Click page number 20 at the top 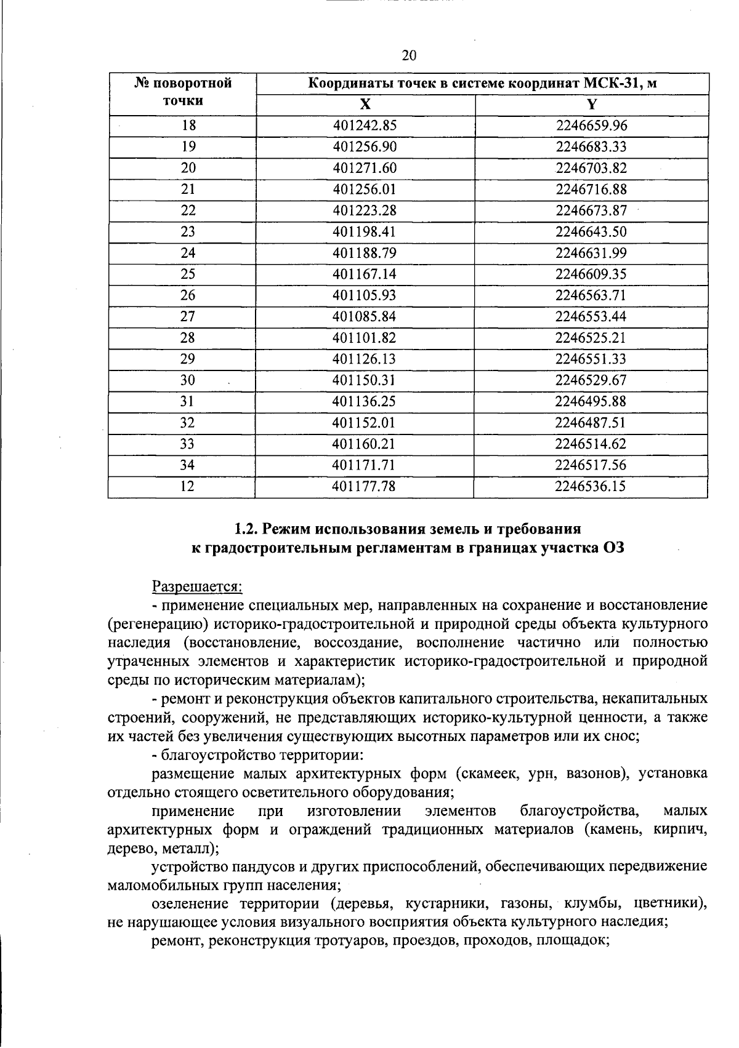(409, 56)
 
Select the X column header (365, 104)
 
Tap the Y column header (592, 104)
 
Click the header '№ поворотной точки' (183, 92)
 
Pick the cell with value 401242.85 (365, 126)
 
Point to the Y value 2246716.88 (591, 190)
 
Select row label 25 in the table (188, 274)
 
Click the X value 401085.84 (364, 317)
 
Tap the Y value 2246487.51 (591, 423)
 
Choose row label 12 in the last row (187, 487)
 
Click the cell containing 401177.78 (363, 487)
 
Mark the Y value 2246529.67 (591, 380)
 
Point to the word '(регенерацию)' (154, 624)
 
